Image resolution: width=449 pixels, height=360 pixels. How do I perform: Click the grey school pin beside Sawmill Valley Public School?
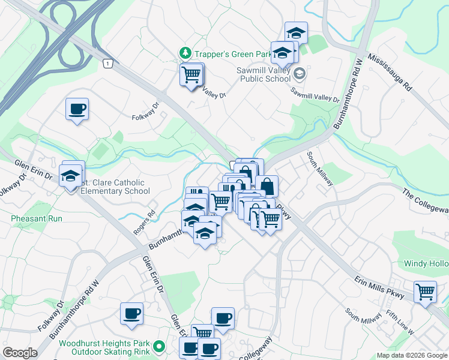point(301,74)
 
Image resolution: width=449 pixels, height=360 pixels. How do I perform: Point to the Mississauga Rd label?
point(390,71)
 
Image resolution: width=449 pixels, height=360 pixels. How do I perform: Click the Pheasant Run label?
point(37,218)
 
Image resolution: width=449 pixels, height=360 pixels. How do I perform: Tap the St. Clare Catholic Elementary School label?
point(115,187)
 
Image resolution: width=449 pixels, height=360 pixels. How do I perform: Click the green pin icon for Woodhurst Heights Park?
point(159,347)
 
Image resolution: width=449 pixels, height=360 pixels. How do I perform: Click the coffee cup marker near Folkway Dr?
point(77,109)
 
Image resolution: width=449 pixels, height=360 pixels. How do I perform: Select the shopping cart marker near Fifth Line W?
point(425,292)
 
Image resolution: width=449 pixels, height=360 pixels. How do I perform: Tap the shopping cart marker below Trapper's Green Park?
point(191,75)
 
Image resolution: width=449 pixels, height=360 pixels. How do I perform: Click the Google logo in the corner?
point(20,353)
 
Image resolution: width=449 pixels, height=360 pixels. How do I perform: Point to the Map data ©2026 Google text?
point(412,355)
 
